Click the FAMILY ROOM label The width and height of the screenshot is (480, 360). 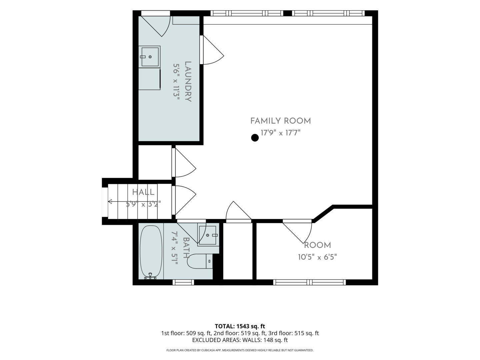[x=280, y=121]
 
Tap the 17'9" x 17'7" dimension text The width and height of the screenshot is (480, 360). [x=281, y=133]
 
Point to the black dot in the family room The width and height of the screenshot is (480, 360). [x=255, y=138]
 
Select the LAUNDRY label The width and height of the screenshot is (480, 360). [x=188, y=82]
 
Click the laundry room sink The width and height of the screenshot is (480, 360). [x=150, y=57]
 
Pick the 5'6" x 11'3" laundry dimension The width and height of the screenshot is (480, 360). [x=176, y=82]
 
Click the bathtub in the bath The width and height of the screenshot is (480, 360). [x=151, y=252]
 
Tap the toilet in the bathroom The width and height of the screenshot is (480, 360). [x=200, y=261]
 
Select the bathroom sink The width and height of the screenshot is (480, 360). [x=208, y=235]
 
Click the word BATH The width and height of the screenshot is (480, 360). [x=186, y=248]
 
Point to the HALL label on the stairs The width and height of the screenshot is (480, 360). [x=143, y=192]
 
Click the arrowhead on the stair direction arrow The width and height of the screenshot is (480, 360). [x=110, y=202]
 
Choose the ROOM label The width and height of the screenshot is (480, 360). [x=317, y=245]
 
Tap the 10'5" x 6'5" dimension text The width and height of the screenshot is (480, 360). [x=317, y=257]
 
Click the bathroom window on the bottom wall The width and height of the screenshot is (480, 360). [x=183, y=282]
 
